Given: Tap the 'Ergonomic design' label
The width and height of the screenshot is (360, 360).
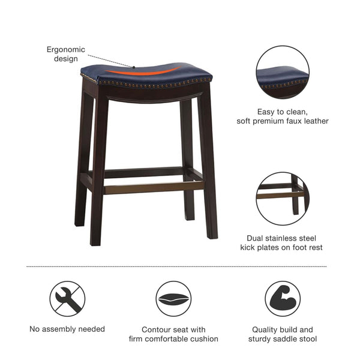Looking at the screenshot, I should (x=66, y=54).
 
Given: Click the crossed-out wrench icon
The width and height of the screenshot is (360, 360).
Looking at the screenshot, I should (x=67, y=299).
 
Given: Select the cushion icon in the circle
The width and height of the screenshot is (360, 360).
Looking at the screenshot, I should (x=173, y=299).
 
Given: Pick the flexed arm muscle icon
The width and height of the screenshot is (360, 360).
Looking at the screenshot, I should (x=283, y=299).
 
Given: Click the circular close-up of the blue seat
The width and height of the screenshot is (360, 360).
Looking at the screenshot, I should (x=283, y=72).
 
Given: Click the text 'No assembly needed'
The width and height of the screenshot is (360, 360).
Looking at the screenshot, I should (x=67, y=329).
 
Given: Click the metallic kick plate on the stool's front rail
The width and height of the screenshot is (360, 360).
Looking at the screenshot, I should (x=153, y=188).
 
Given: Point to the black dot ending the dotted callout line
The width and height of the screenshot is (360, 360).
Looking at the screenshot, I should (x=134, y=67).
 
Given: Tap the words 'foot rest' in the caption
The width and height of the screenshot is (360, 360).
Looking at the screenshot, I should (x=307, y=247).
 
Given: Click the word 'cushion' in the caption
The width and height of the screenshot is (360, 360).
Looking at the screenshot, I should (x=202, y=339).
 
